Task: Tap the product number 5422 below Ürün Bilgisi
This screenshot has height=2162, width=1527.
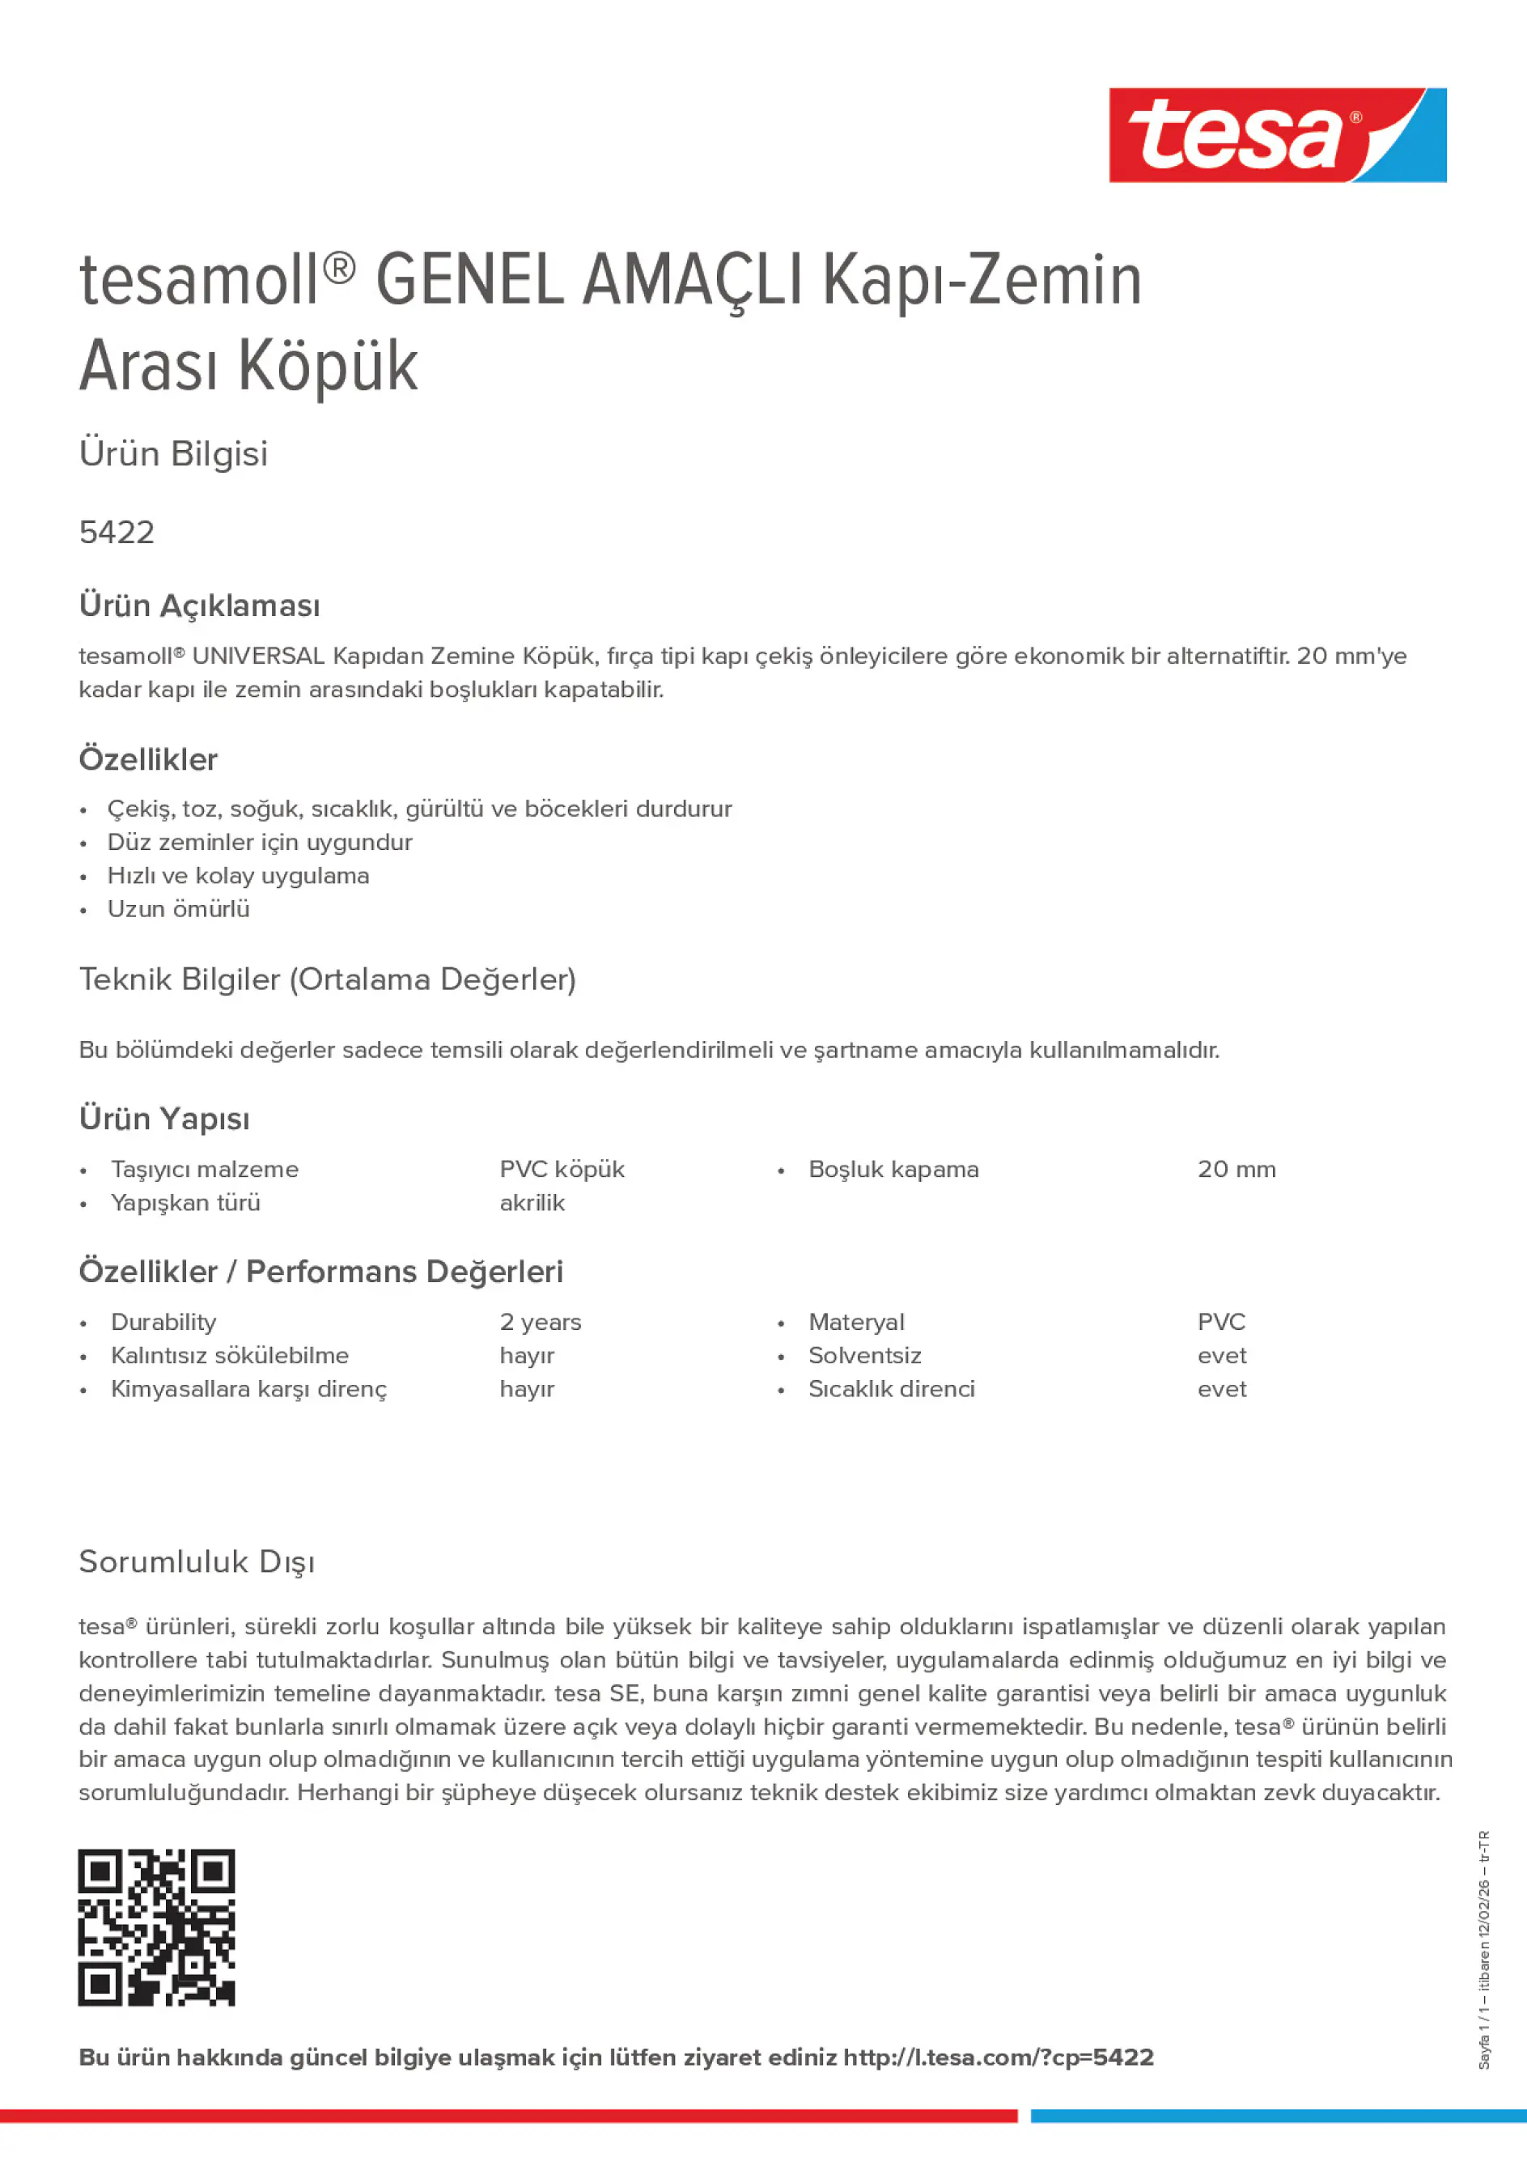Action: pos(117,533)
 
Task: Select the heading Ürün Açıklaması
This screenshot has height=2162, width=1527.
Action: pos(200,605)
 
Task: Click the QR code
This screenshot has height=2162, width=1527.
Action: pos(156,1927)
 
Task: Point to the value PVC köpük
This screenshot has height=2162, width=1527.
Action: pos(562,1170)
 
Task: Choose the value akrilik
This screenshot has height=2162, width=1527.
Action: pos(532,1204)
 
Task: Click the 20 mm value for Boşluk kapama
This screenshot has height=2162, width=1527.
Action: pos(1236,1170)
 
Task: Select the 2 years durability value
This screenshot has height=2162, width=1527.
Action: pos(541,1322)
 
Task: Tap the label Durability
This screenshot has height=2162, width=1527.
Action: pos(163,1322)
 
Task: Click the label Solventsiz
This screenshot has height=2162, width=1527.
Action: pos(864,1356)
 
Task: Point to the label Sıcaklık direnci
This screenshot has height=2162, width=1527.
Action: pos(892,1389)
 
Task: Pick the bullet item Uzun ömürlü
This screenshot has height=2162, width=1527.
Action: pos(179,910)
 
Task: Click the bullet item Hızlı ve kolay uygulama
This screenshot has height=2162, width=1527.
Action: pos(238,876)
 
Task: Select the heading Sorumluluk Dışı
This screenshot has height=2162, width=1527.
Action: pos(197,1562)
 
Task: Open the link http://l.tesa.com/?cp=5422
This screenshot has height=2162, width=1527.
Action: pos(998,2058)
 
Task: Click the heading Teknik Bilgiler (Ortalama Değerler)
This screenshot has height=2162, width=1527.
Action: pos(328,980)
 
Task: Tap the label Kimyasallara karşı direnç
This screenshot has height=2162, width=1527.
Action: pos(248,1390)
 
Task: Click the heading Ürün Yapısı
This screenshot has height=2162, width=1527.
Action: pos(165,1119)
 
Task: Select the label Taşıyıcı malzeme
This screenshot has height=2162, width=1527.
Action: pos(204,1170)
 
